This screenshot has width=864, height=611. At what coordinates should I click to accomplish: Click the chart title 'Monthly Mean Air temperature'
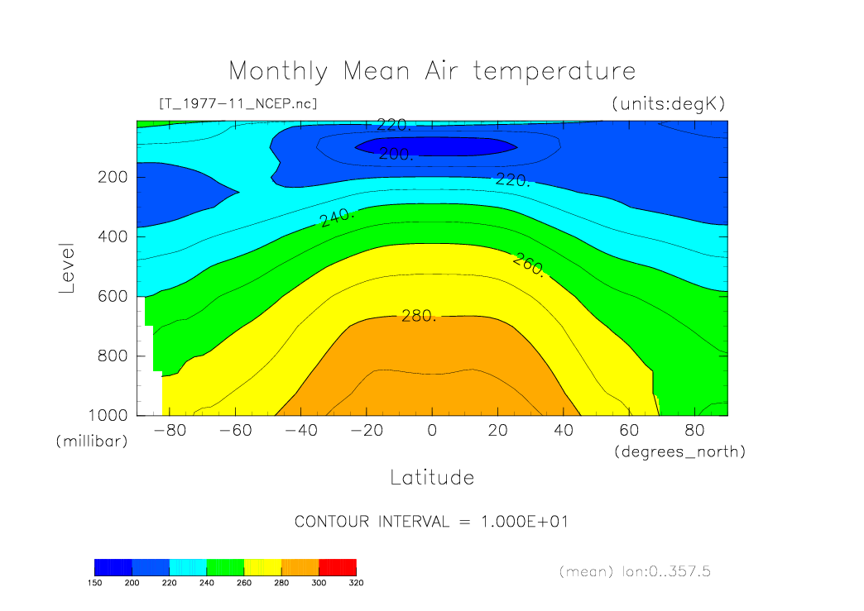[432, 71]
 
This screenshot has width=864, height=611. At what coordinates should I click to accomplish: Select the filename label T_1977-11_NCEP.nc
[237, 103]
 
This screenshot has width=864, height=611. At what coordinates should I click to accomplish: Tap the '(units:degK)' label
[668, 103]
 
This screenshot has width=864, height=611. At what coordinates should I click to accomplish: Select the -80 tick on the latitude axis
[166, 431]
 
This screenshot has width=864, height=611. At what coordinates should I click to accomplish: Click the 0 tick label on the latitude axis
[431, 431]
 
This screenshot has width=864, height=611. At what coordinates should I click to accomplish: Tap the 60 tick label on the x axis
[629, 431]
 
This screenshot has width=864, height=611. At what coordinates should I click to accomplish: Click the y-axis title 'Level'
[68, 269]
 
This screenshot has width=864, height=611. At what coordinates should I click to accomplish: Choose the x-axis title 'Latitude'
[432, 477]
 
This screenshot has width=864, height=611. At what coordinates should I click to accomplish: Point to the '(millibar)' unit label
[92, 442]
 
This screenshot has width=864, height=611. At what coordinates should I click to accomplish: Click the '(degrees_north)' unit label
[679, 451]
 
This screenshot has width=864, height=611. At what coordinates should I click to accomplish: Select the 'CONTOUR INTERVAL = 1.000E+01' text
[431, 522]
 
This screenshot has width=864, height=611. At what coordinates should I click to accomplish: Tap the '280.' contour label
[418, 316]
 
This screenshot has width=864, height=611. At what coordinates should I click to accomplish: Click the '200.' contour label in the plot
[396, 154]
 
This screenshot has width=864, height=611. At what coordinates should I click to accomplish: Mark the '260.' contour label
[529, 265]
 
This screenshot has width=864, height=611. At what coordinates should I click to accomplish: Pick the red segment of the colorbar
[338, 566]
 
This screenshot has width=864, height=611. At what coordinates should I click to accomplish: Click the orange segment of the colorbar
[300, 566]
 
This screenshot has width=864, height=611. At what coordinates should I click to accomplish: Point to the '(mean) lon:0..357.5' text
[634, 571]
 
